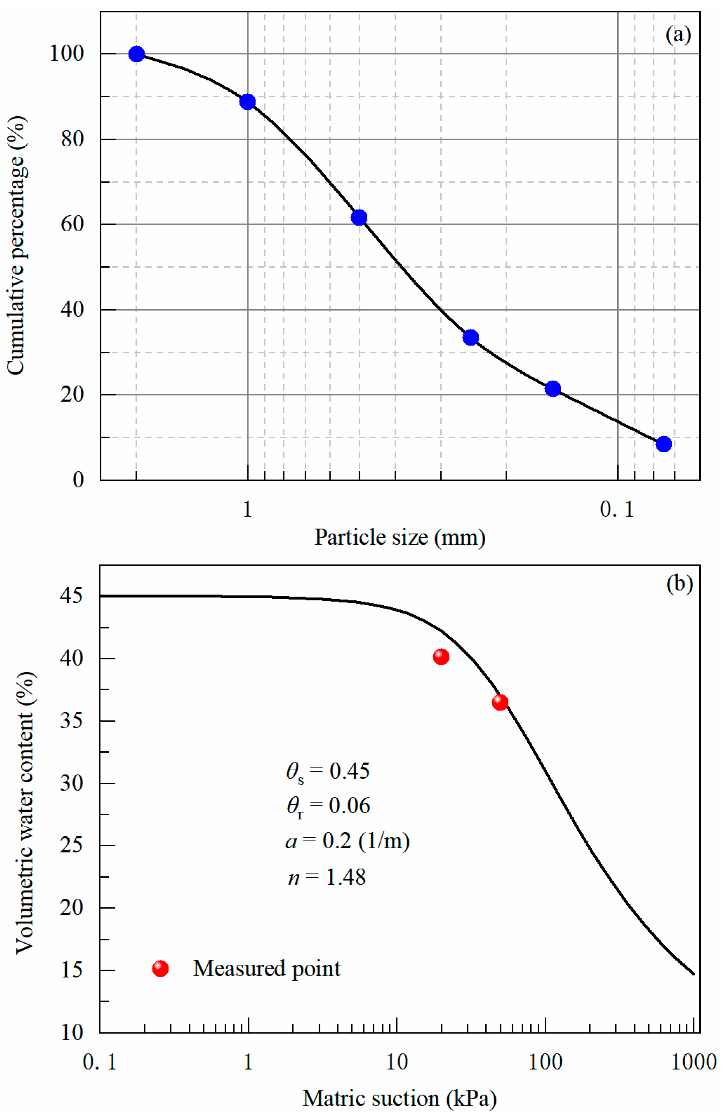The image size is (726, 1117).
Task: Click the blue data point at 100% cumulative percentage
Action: tap(136, 54)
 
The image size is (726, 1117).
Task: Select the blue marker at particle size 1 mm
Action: tap(247, 102)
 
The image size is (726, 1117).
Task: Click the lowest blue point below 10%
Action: tap(664, 444)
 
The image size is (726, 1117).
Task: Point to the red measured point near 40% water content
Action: tap(441, 657)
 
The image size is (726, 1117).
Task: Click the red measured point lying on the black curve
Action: tap(500, 703)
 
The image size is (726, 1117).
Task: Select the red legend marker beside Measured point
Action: tap(160, 969)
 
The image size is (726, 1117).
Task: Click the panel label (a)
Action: tap(678, 35)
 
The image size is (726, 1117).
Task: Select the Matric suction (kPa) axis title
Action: tap(400, 1099)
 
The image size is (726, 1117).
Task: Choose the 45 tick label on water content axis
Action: tap(71, 596)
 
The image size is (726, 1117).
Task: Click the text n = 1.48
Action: tap(327, 877)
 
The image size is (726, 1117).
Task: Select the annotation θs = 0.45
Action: tap(328, 771)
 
